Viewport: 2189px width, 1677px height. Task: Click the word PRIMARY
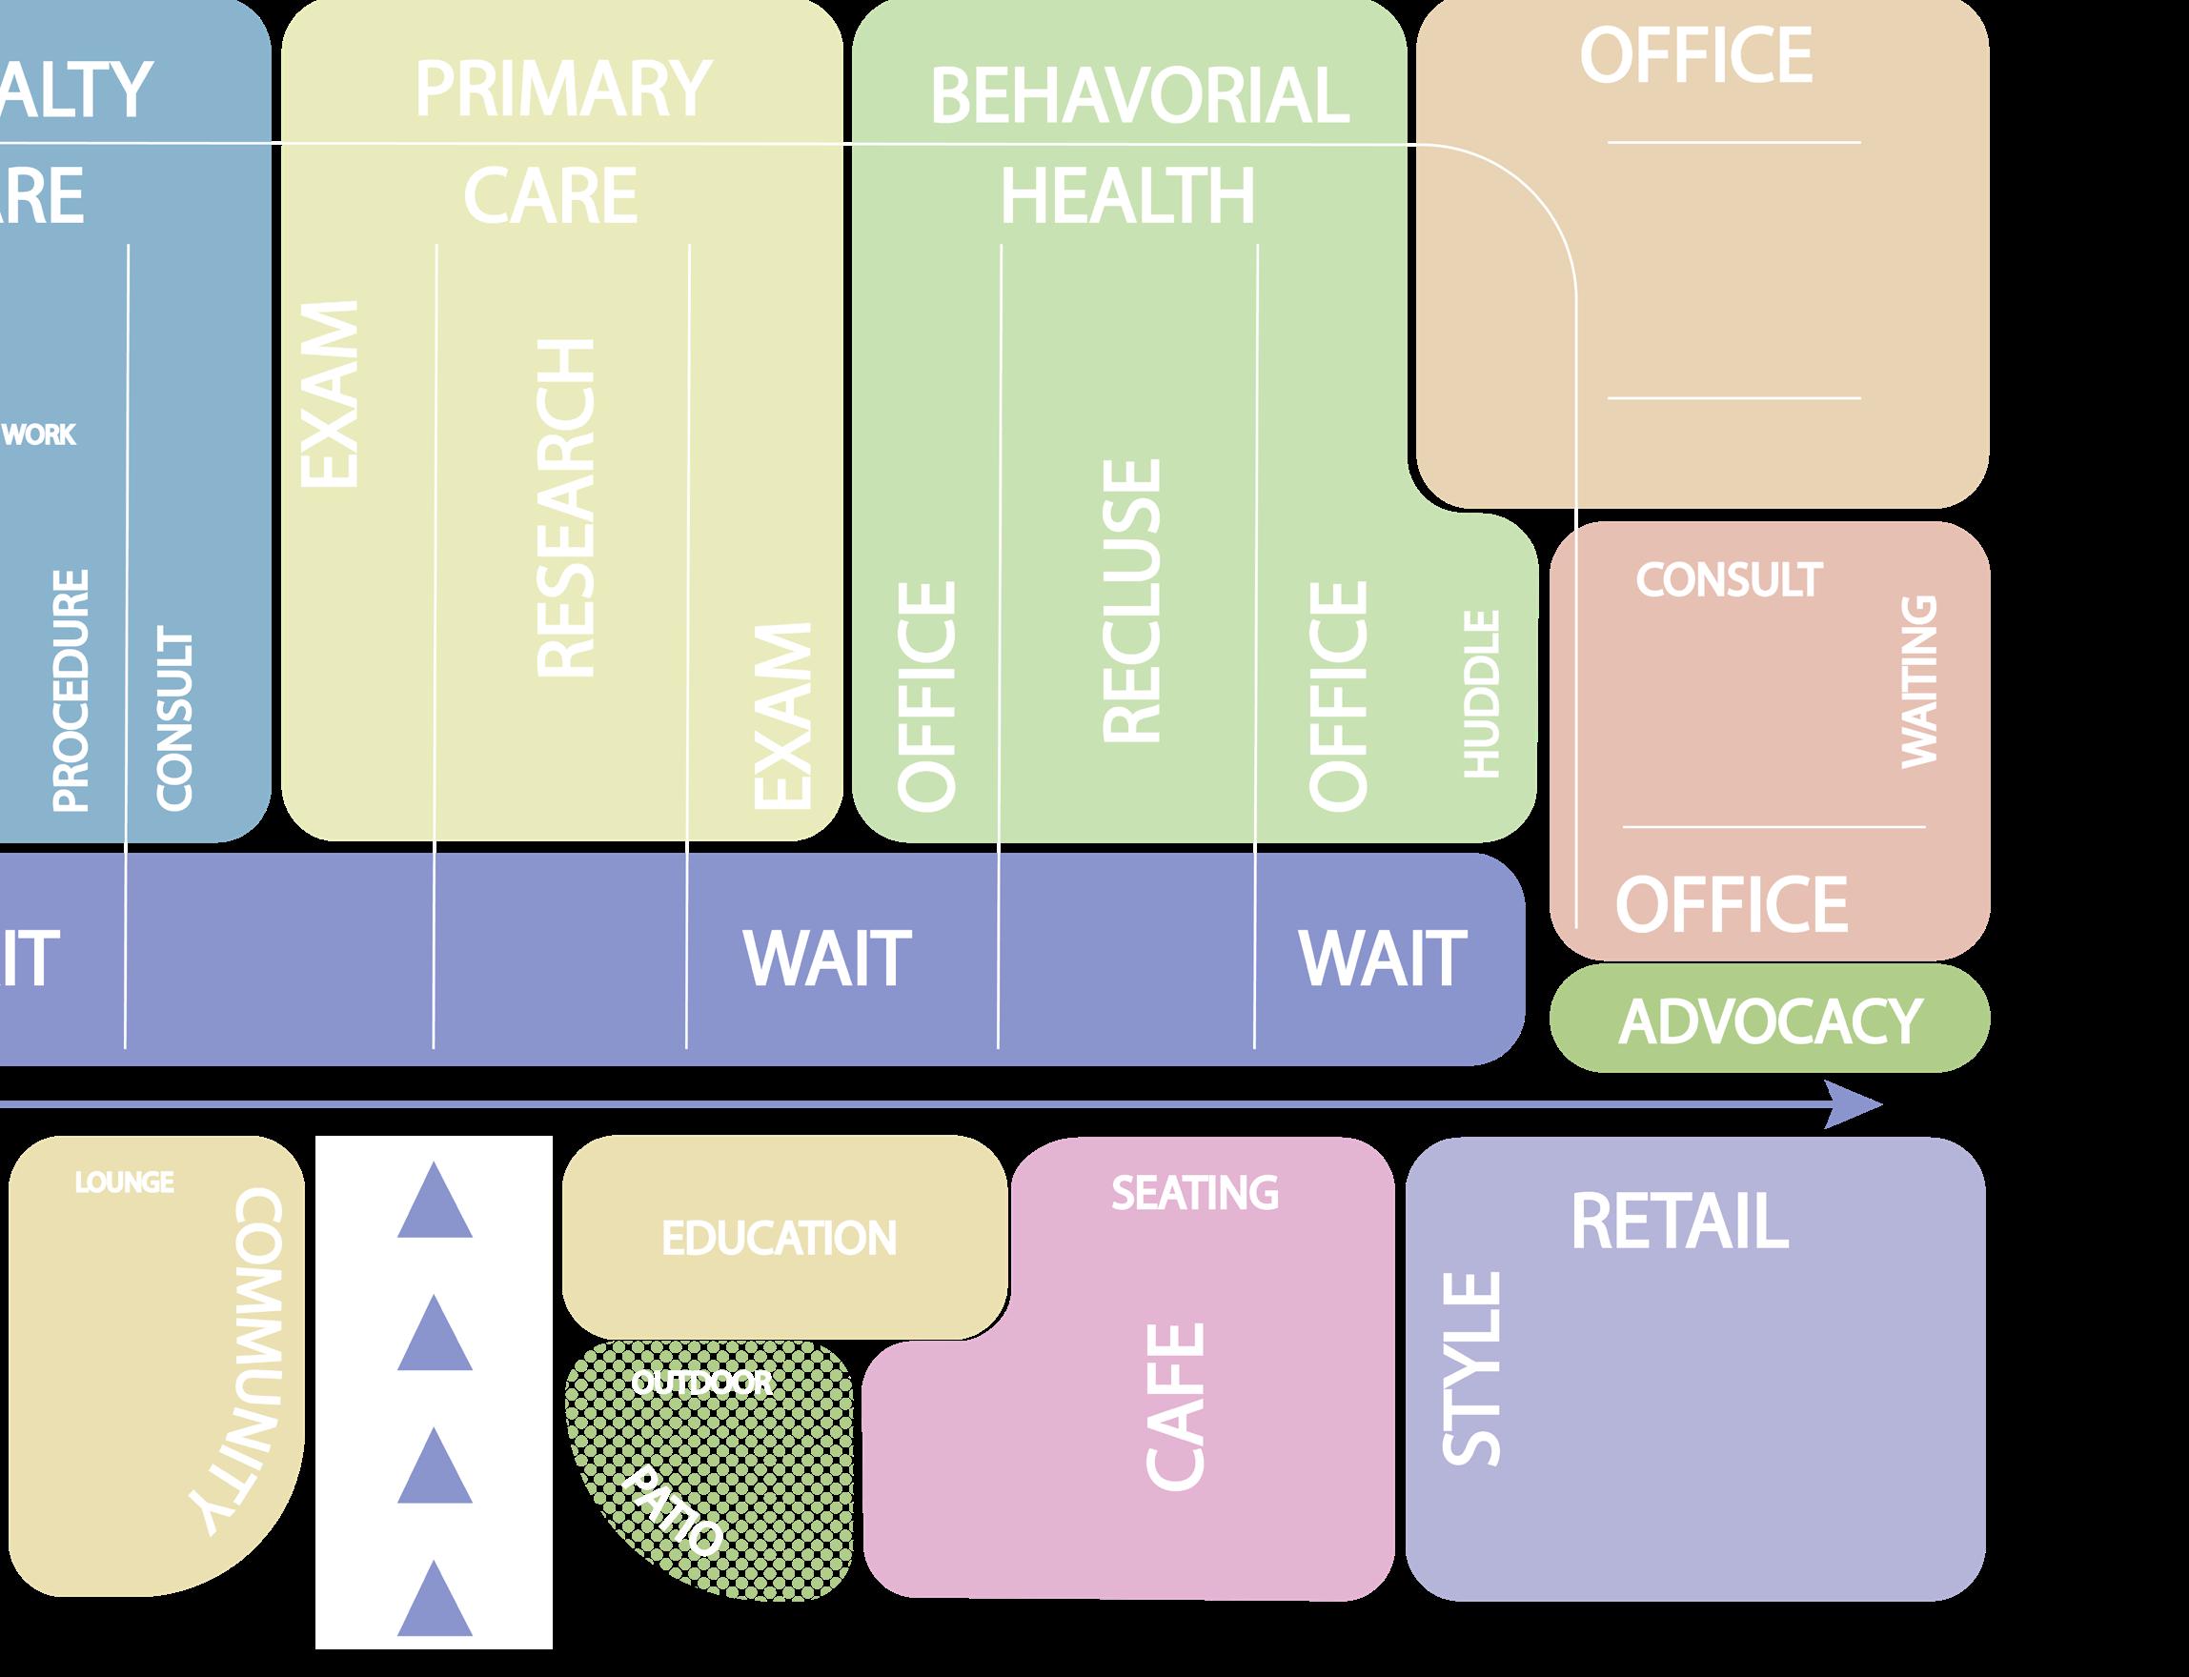click(x=562, y=90)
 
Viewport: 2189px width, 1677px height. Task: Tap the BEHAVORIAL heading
click(x=1139, y=97)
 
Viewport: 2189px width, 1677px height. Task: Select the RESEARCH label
click(x=566, y=507)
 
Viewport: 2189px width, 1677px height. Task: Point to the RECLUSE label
click(x=1132, y=601)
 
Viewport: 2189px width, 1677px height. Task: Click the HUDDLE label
click(x=1481, y=694)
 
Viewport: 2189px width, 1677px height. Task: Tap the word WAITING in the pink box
click(x=1917, y=682)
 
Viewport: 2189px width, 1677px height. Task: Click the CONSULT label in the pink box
click(x=1728, y=580)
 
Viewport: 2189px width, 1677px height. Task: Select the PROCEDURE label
click(x=71, y=690)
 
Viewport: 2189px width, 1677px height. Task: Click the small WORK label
click(x=40, y=435)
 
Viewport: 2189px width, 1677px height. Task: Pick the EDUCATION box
click(x=780, y=1239)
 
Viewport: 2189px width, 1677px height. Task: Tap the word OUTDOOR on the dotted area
click(x=701, y=1383)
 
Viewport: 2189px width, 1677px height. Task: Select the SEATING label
click(x=1195, y=1193)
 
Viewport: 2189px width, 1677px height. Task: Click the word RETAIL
click(x=1679, y=1221)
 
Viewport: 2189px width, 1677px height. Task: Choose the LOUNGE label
click(x=125, y=1182)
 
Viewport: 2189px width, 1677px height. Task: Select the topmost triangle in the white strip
click(x=435, y=1201)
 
